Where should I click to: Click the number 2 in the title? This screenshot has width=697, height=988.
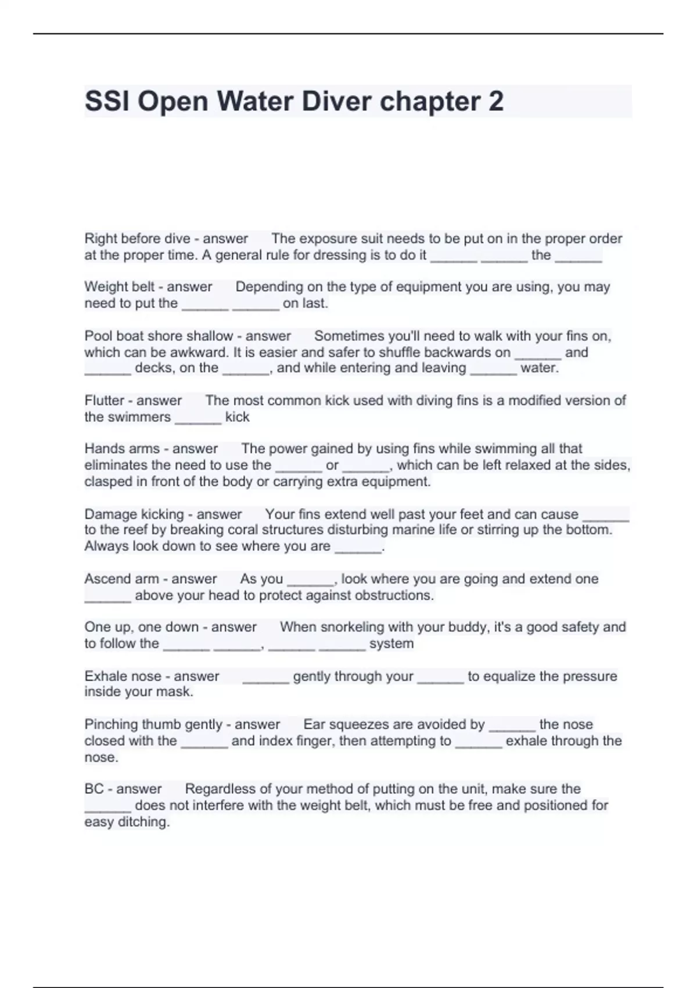(495, 102)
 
